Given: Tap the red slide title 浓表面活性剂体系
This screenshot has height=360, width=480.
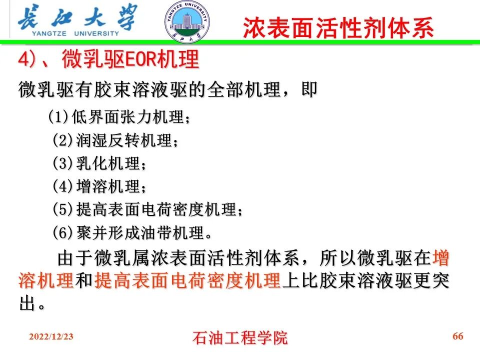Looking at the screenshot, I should pyautogui.click(x=338, y=28).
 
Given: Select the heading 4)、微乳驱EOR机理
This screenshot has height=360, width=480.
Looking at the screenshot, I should pyautogui.click(x=108, y=60).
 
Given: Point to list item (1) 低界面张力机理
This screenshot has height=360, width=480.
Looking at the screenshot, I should pyautogui.click(x=119, y=118).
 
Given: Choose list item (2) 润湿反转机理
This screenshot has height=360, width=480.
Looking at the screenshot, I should pyautogui.click(x=115, y=140).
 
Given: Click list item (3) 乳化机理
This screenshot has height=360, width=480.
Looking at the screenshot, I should pyautogui.click(x=100, y=163).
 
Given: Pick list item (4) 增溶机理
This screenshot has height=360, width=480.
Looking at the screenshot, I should pyautogui.click(x=100, y=186).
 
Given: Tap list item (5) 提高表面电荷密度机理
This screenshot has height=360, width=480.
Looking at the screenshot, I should pyautogui.click(x=148, y=209).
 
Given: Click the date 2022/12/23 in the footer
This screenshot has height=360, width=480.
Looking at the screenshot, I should pyautogui.click(x=51, y=336).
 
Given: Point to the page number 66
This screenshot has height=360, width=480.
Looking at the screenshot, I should pyautogui.click(x=457, y=336).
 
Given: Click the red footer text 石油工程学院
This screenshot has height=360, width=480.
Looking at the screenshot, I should pyautogui.click(x=240, y=338).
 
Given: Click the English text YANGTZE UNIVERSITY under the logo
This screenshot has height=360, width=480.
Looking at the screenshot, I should pyautogui.click(x=75, y=34).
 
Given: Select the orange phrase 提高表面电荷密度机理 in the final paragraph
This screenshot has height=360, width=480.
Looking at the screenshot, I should pyautogui.click(x=187, y=281).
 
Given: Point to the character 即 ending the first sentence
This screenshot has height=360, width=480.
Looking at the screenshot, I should pyautogui.click(x=308, y=90).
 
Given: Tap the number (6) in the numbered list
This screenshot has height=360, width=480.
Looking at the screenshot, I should pyautogui.click(x=63, y=232).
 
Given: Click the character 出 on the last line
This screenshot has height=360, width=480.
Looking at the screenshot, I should pyautogui.click(x=27, y=303).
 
